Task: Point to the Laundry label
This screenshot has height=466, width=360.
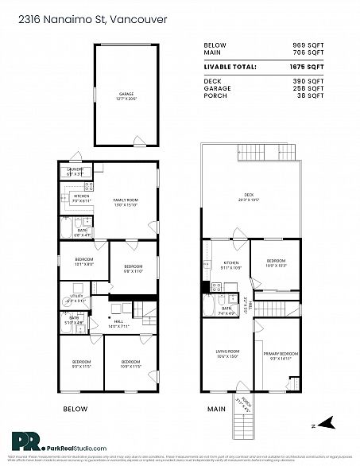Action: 75,171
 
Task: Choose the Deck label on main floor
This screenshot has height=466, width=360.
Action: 249,199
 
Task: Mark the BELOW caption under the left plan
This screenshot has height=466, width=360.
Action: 75,409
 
